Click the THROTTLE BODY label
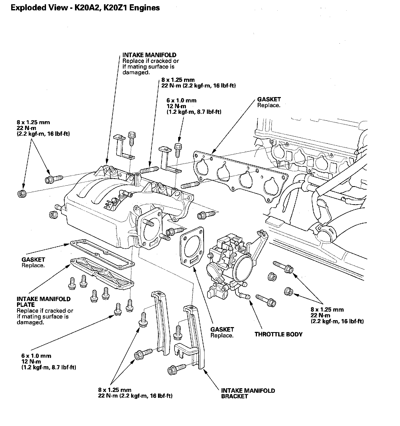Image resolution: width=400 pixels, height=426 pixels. point(278,334)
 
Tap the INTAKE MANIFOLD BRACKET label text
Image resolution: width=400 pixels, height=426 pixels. point(248,393)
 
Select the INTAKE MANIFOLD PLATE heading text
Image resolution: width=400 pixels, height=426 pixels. point(44,302)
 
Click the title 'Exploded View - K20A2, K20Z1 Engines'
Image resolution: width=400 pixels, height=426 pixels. point(85,8)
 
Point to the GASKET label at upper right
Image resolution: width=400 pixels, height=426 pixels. point(269,99)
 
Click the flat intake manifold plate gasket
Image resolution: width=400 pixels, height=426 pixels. point(102,253)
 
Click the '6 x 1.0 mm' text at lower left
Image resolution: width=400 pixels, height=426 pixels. point(36,356)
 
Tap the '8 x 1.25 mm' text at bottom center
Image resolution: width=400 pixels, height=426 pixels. point(115,390)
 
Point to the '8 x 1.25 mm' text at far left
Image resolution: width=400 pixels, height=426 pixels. point(33,122)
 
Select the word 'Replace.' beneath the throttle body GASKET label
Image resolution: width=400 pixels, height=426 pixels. point(222,336)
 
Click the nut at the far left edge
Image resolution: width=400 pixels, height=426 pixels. point(22,193)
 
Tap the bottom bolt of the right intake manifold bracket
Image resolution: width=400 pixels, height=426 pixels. point(177,369)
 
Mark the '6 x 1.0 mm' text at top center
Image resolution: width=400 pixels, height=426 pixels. point(181,100)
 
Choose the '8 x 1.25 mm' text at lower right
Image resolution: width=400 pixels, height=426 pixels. point(327,310)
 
